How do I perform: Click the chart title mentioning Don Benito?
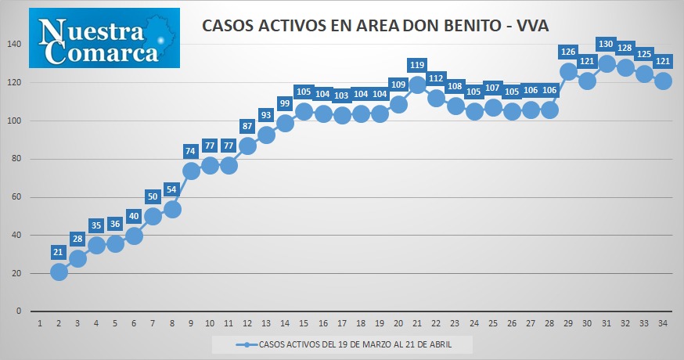tap(375, 25)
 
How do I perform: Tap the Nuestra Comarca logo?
tap(104, 38)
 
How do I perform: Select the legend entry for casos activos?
tap(344, 344)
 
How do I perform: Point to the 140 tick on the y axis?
tap(14, 44)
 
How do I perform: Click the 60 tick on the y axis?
tap(16, 196)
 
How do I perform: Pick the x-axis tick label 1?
tap(40, 323)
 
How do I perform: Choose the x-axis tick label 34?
tap(663, 323)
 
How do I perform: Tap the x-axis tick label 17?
tap(341, 323)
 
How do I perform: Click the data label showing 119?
tap(417, 65)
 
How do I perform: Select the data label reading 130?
tap(606, 44)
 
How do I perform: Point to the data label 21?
tap(58, 252)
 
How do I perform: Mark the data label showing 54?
tap(171, 190)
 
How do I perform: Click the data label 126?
tap(568, 52)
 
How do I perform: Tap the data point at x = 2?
tap(59, 272)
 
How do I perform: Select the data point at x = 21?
tap(417, 85)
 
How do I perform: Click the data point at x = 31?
tap(607, 63)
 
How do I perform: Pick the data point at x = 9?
tap(191, 171)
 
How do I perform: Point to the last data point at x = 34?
tap(663, 81)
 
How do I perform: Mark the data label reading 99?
tap(285, 103)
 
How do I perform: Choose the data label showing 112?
tap(436, 78)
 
